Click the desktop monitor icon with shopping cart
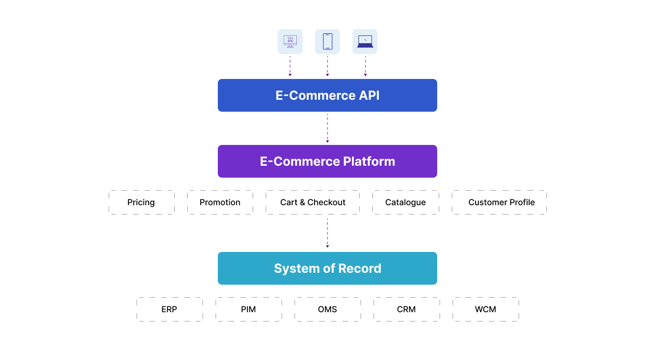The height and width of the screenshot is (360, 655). [290, 42]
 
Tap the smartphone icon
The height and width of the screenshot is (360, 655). [327, 42]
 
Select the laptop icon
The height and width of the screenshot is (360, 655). [365, 42]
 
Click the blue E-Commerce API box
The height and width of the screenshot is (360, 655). [327, 95]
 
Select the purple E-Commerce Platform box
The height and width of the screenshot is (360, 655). [327, 161]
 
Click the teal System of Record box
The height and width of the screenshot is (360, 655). [327, 268]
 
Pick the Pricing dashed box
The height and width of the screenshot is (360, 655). [141, 202]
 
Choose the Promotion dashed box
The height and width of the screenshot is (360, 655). [220, 202]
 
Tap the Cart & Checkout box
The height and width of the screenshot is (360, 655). [312, 202]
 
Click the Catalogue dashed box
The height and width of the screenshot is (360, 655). [405, 202]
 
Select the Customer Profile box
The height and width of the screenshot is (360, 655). [499, 202]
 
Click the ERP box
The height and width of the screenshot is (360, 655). [169, 309]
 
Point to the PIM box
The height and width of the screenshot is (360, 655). [248, 309]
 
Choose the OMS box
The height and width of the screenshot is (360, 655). [327, 309]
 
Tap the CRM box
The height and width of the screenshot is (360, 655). [407, 309]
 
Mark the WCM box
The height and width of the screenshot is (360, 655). [486, 309]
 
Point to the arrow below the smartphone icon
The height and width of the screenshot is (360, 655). [327, 66]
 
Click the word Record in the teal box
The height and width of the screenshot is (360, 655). [360, 268]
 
